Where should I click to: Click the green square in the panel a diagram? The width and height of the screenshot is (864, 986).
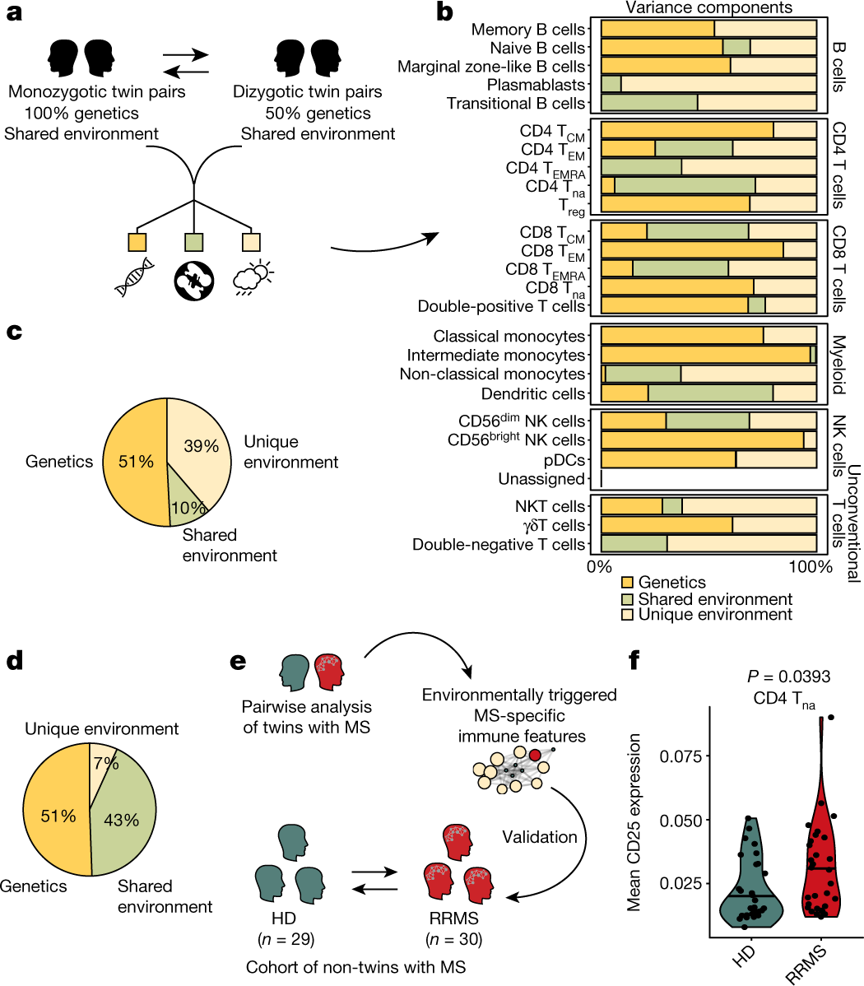(194, 242)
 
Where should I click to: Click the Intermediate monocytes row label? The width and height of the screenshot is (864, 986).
(496, 356)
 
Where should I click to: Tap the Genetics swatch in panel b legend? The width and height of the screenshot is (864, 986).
(628, 583)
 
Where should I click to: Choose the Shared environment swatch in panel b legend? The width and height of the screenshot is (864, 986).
(628, 598)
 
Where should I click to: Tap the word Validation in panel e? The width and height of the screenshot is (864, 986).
(540, 837)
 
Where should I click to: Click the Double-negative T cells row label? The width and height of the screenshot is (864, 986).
(499, 544)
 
